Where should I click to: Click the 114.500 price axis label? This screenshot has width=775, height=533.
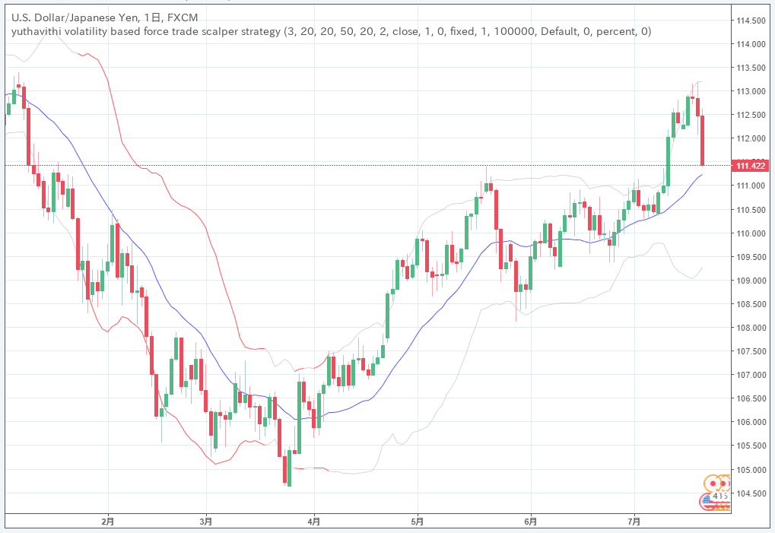(750, 20)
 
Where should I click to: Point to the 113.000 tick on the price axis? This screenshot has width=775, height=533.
(750, 91)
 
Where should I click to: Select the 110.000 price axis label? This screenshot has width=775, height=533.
(750, 233)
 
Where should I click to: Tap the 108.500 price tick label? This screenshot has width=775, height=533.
(750, 304)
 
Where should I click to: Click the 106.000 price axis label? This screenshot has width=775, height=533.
(750, 422)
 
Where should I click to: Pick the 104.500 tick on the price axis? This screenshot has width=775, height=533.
(750, 493)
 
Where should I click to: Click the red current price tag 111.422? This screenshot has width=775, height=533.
(749, 166)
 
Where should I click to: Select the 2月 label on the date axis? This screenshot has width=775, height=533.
(108, 522)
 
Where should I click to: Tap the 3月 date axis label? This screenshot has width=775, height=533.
(205, 522)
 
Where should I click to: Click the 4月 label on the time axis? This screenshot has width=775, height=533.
(313, 522)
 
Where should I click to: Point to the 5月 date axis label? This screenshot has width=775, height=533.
(417, 522)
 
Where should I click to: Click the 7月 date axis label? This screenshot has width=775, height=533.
(634, 522)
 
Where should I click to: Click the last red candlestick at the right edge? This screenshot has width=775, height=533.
(703, 140)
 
